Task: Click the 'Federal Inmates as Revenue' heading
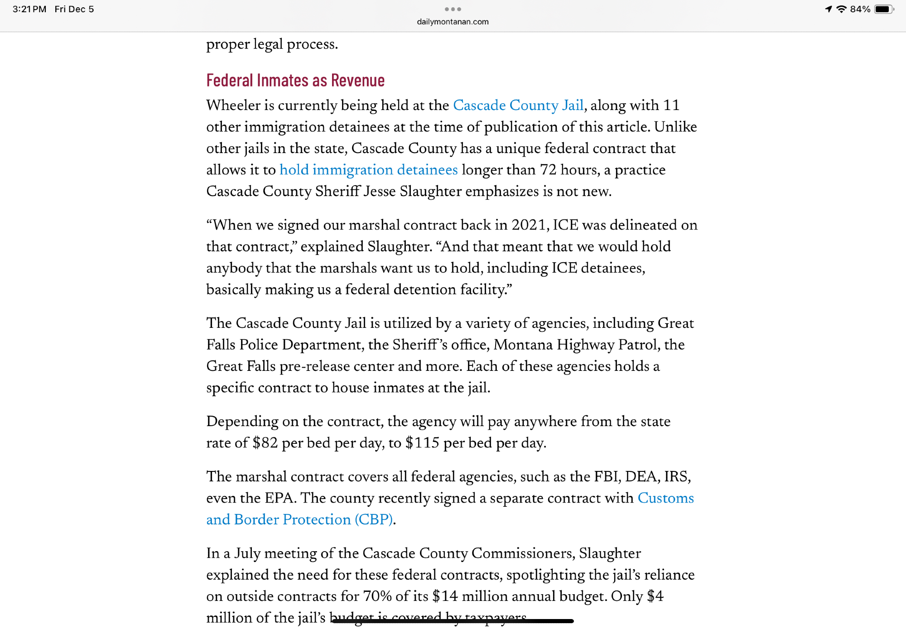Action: [295, 81]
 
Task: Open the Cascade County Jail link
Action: [518, 105]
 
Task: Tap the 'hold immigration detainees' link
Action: [368, 170]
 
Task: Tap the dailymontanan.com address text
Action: [453, 22]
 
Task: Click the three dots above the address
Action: [453, 9]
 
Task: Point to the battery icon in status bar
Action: [883, 9]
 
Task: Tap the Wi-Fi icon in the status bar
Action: [841, 9]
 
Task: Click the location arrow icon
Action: [829, 9]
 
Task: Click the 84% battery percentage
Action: [860, 9]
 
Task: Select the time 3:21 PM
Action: [29, 9]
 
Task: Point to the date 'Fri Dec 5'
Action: [74, 9]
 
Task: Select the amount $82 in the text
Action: [265, 443]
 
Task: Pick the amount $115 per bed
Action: [422, 443]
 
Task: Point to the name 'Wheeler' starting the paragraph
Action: [233, 105]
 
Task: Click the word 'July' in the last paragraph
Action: [247, 553]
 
